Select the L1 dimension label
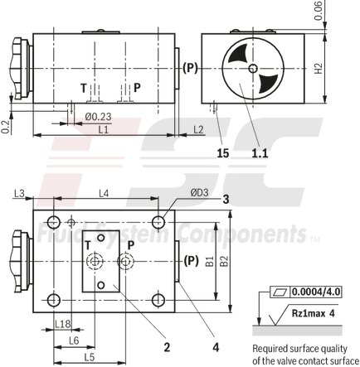(x=103, y=131)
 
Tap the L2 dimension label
(x=198, y=131)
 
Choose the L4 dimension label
(x=104, y=193)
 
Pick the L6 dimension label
(x=73, y=340)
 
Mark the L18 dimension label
(x=61, y=323)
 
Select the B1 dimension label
(x=209, y=260)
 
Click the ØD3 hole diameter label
(x=199, y=193)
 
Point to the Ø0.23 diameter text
(x=98, y=118)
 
